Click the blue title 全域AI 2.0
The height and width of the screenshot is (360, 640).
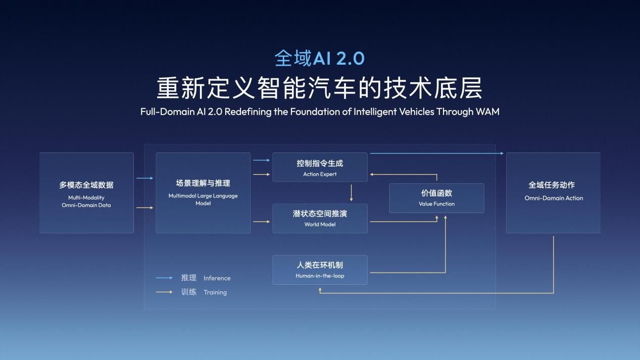[x=319, y=58]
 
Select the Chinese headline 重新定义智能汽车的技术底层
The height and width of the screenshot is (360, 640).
[x=319, y=88]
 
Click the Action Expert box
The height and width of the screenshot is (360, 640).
[x=320, y=168]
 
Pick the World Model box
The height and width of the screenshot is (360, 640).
[x=320, y=218]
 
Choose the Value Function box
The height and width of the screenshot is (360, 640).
[x=436, y=198]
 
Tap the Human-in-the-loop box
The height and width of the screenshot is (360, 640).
[x=320, y=270]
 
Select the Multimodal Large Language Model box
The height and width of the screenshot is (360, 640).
[x=203, y=193]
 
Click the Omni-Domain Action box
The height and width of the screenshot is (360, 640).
[x=553, y=193]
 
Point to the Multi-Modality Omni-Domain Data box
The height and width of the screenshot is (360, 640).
[x=86, y=193]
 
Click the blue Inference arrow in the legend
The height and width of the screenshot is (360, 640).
[x=165, y=278]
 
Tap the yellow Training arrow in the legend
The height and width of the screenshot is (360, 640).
[x=165, y=292]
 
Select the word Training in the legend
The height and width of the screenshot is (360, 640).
[x=215, y=292]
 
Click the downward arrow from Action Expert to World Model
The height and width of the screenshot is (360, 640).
[x=352, y=193]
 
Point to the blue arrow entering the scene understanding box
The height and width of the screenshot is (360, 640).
[x=144, y=178]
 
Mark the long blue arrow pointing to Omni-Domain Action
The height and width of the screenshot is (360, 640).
[x=436, y=153]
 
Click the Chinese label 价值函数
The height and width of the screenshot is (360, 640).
[x=436, y=193]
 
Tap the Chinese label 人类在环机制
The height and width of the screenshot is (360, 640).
[x=320, y=265]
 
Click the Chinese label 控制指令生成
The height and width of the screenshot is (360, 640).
[x=320, y=164]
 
